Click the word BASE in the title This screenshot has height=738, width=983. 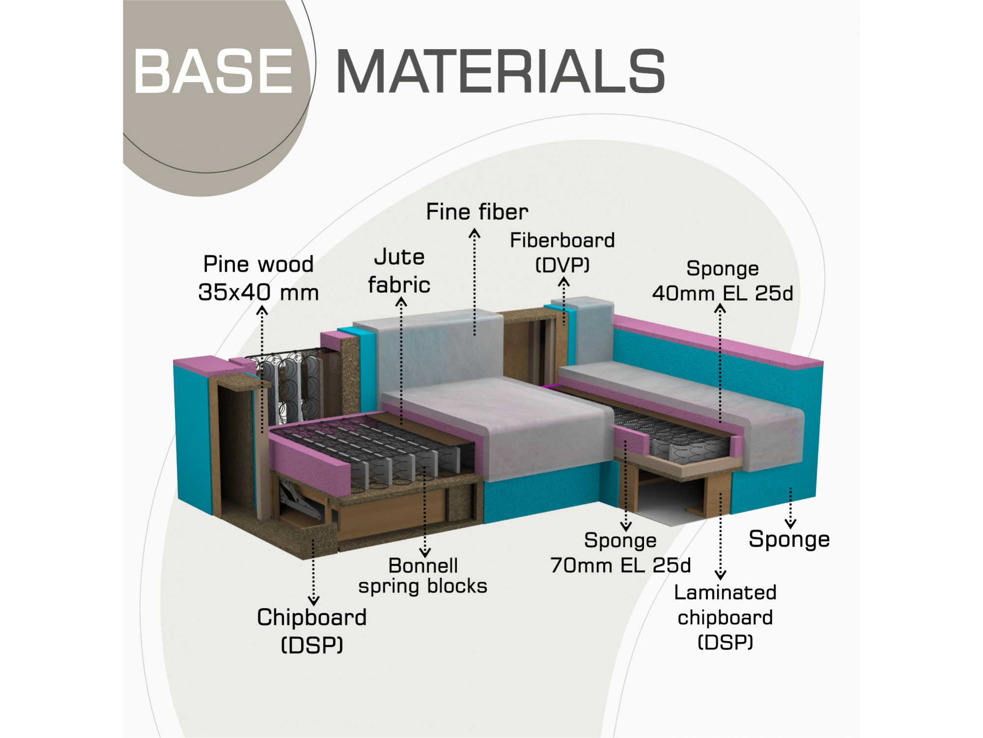pos(213,71)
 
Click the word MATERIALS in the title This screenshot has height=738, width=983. pos(501,71)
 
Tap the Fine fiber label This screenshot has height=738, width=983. pos(477,212)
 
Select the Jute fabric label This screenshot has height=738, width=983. pos(399,271)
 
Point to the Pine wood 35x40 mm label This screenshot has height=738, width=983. pos(259,278)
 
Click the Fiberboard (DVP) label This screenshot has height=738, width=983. pos(562,252)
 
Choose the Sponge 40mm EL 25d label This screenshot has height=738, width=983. pos(723,281)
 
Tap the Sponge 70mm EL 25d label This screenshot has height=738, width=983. pos(620,553)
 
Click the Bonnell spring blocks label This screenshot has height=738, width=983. pos(423,576)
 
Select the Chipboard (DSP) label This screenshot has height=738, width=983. pos(312,631)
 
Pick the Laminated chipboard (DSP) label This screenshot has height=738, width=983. pos(725,617)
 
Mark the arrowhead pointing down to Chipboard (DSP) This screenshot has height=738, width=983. pos(314,601)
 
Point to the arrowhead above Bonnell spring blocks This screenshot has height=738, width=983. pos(425,552)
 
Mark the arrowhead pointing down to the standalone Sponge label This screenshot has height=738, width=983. pos(790,523)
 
